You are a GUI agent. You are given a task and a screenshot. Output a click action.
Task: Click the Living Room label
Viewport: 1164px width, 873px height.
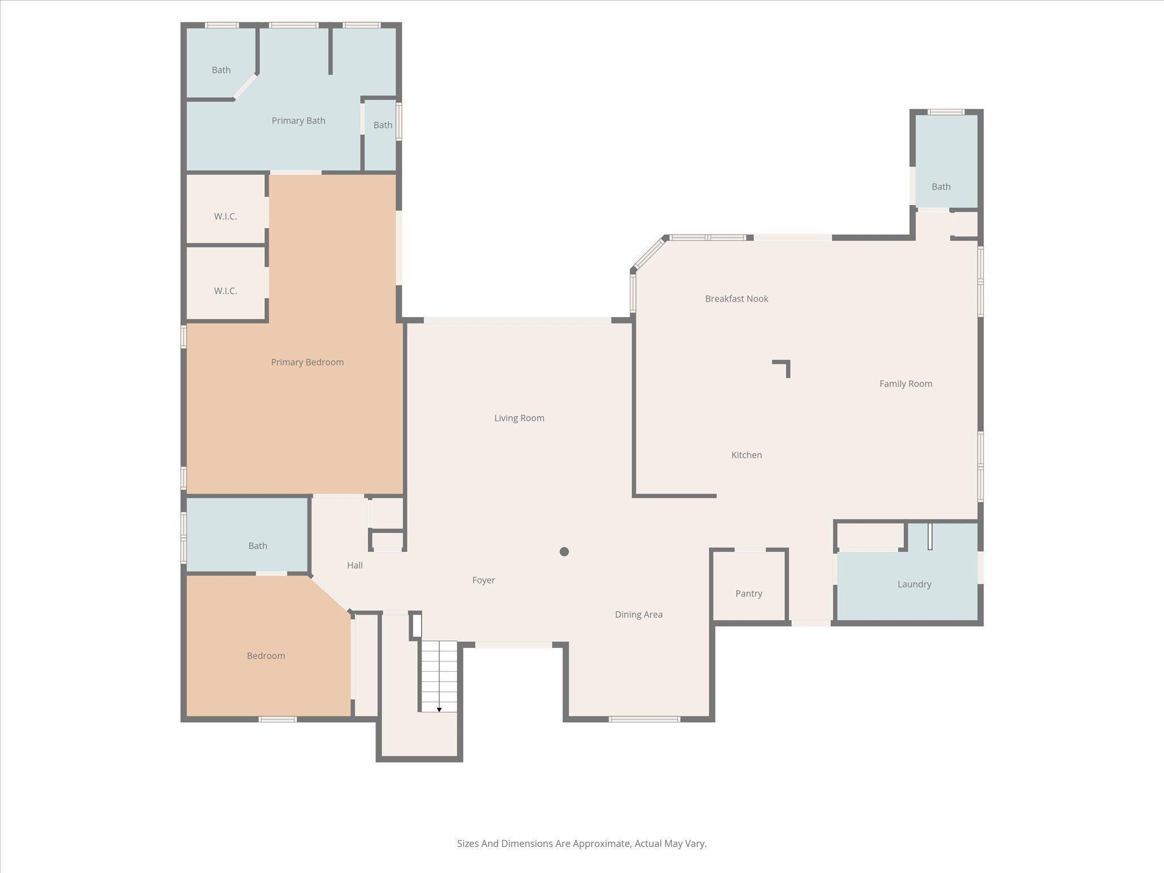click(519, 418)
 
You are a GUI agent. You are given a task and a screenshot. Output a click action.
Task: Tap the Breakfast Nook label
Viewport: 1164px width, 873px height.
click(737, 299)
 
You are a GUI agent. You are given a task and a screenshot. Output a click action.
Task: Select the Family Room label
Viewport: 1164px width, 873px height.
click(905, 384)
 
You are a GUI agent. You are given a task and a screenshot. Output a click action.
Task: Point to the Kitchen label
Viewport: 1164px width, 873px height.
click(746, 455)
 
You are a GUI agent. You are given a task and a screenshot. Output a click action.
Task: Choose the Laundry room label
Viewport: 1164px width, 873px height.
click(914, 584)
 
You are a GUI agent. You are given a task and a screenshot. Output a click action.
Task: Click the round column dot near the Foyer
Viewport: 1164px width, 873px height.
click(564, 551)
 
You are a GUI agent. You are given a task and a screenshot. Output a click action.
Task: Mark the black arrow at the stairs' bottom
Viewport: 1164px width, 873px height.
click(439, 709)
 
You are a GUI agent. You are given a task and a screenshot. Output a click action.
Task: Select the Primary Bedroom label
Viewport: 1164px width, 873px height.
click(307, 363)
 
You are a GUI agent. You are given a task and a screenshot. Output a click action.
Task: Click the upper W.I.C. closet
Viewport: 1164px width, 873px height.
click(226, 217)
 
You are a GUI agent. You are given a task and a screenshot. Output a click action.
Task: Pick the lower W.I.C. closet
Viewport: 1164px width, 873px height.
click(226, 291)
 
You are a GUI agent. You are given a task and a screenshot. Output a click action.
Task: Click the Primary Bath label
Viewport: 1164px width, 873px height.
click(298, 120)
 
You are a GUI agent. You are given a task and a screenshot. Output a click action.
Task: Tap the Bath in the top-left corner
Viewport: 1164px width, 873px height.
click(221, 70)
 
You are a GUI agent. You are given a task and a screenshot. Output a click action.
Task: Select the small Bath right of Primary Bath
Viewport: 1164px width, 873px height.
click(383, 125)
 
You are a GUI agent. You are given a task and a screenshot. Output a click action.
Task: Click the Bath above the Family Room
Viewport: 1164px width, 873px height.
click(941, 186)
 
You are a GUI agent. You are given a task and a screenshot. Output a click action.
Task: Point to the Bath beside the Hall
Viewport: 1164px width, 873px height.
click(257, 546)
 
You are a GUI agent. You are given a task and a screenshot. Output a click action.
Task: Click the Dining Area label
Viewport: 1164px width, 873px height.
click(638, 614)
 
